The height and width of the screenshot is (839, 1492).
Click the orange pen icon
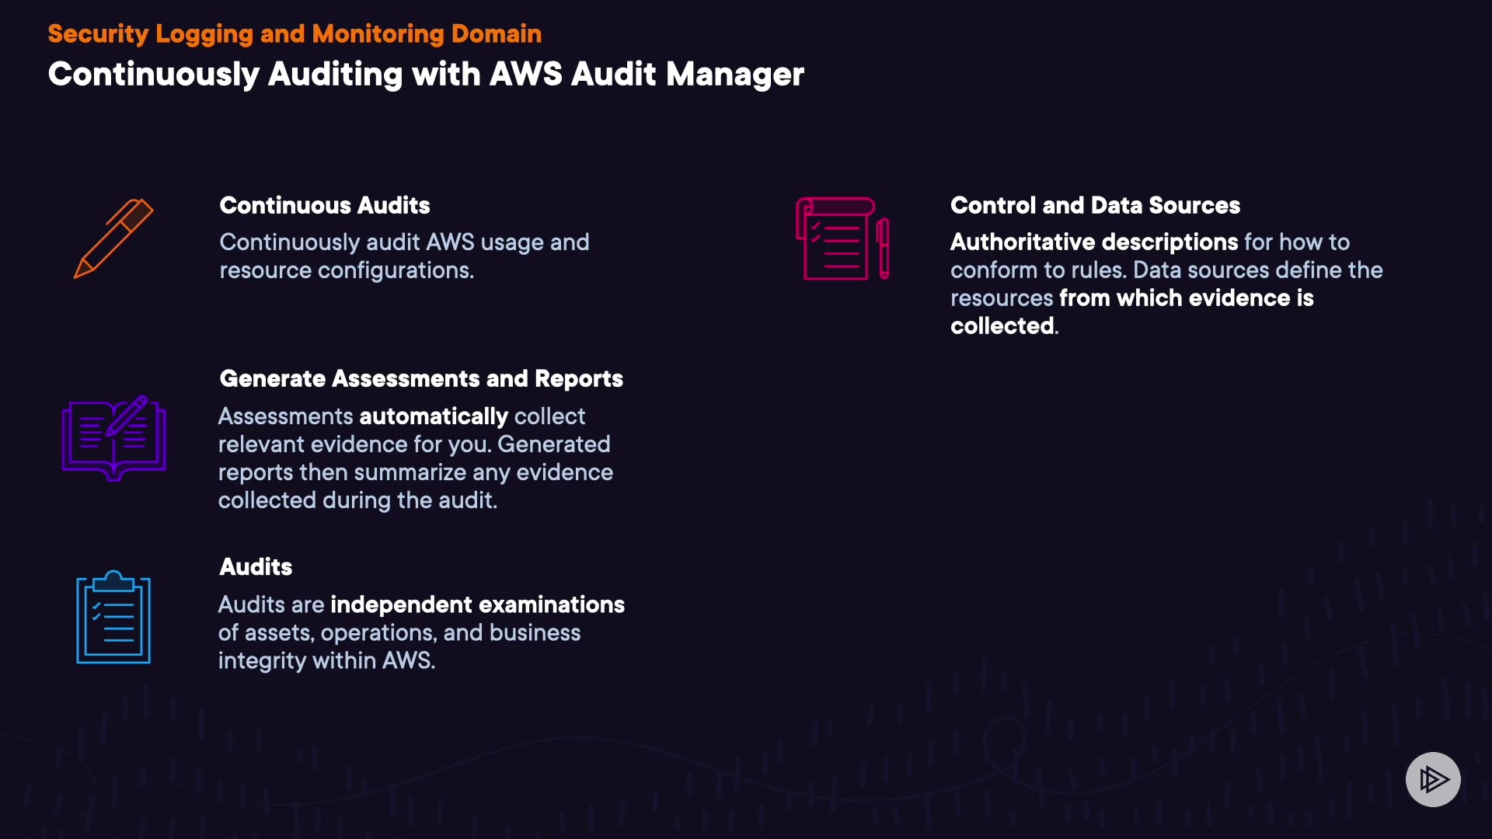pyautogui.click(x=113, y=238)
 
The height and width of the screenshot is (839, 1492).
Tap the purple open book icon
pyautogui.click(x=114, y=438)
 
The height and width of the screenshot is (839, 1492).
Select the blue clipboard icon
pyautogui.click(x=113, y=618)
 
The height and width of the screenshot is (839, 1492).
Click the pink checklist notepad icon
pyautogui.click(x=835, y=238)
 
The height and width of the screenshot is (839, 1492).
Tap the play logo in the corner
pyautogui.click(x=1433, y=779)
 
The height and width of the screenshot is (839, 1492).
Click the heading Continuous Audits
pyautogui.click(x=324, y=205)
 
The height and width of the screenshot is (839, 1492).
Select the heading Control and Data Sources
pyautogui.click(x=1095, y=205)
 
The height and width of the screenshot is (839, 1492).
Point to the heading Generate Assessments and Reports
pyautogui.click(x=421, y=378)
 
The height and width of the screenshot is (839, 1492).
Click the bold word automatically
pyautogui.click(x=434, y=416)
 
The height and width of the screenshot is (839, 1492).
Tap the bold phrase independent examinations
pyautogui.click(x=477, y=604)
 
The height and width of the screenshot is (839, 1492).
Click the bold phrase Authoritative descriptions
pyautogui.click(x=1094, y=242)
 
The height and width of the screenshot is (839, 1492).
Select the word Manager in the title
pyautogui.click(x=734, y=75)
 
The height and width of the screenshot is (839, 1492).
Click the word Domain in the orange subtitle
pyautogui.click(x=496, y=33)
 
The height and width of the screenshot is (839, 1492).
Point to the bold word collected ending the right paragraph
pyautogui.click(x=1002, y=326)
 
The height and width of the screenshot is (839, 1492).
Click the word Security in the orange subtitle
pyautogui.click(x=98, y=33)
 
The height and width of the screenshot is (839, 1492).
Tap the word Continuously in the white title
pyautogui.click(x=153, y=75)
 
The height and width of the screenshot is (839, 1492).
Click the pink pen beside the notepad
pyautogui.click(x=884, y=249)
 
